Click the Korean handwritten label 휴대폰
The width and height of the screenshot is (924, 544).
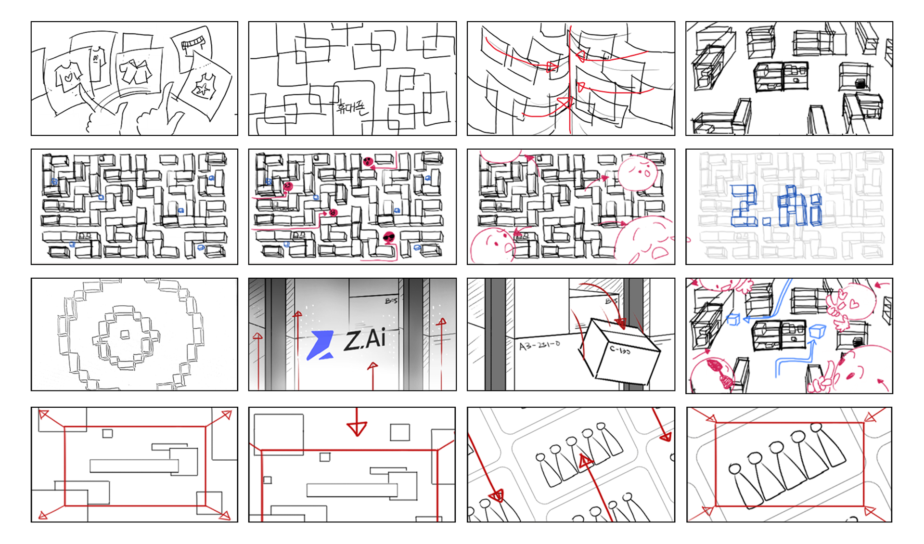[352, 106]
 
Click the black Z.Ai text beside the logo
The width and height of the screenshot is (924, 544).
[365, 340]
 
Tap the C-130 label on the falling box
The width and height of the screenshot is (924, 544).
[620, 350]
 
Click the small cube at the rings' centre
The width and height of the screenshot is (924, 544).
[125, 334]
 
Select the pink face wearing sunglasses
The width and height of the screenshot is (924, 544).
[389, 237]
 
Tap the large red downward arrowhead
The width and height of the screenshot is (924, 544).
[357, 428]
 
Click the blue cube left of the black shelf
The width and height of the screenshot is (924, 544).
[733, 319]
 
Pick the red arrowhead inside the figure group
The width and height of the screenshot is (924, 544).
[586, 462]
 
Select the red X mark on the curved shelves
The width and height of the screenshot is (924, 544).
[563, 103]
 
